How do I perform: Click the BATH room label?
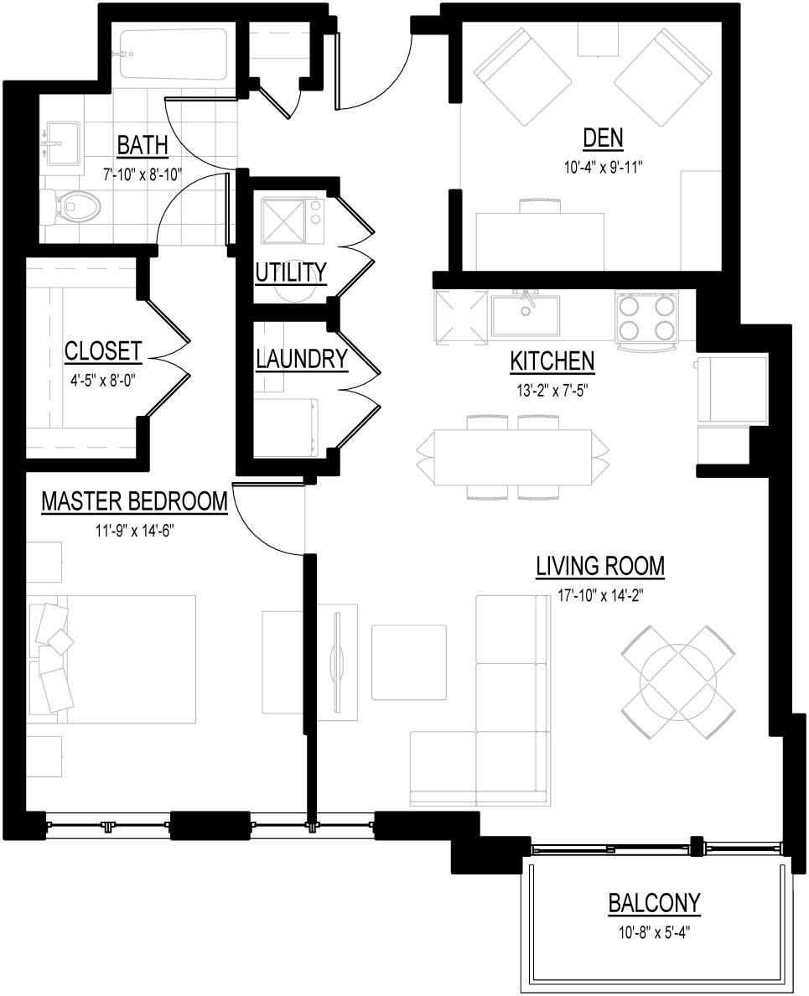[142, 145]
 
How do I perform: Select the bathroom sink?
[60, 143]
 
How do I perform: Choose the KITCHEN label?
[552, 361]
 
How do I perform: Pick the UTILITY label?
[290, 272]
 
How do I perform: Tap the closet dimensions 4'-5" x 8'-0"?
[103, 378]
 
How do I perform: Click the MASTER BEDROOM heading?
[134, 501]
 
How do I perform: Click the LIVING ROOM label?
[600, 567]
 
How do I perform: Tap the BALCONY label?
[654, 903]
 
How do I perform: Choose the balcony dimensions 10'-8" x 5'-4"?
[654, 930]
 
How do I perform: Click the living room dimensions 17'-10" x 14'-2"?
[600, 595]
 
